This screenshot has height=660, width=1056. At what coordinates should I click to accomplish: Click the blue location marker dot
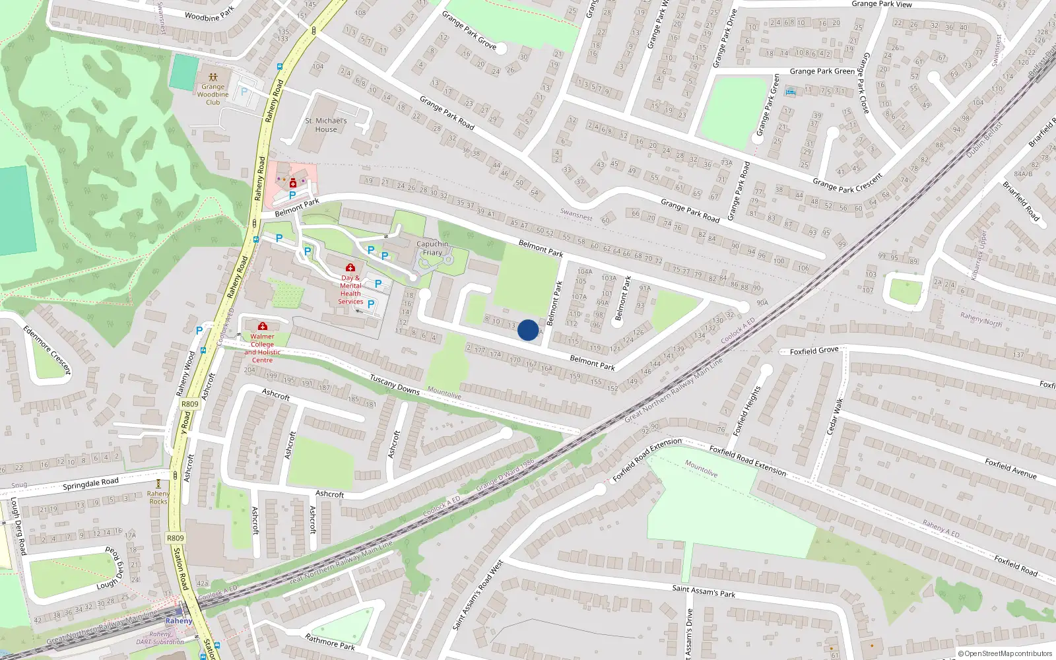click(x=527, y=330)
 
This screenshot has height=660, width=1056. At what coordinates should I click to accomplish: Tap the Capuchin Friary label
click(x=432, y=248)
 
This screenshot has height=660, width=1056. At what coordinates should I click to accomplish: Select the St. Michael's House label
click(x=325, y=125)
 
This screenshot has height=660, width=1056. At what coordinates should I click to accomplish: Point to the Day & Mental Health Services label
click(x=350, y=290)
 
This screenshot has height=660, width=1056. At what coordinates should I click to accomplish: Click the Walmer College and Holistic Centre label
click(x=262, y=348)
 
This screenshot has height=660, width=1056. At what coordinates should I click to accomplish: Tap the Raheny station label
click(x=179, y=620)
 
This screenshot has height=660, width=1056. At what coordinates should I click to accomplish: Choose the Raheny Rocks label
click(x=158, y=497)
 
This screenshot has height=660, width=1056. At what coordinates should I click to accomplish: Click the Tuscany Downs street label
click(x=395, y=385)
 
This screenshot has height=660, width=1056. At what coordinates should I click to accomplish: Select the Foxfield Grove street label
click(x=814, y=351)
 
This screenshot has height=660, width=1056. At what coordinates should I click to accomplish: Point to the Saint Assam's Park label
click(x=704, y=591)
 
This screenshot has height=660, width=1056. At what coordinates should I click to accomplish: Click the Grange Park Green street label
click(x=822, y=71)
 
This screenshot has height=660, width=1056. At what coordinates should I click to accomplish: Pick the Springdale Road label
click(x=90, y=484)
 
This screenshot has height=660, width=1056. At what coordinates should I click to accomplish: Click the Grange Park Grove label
click(x=469, y=30)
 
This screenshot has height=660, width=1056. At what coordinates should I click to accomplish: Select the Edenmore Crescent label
click(x=46, y=350)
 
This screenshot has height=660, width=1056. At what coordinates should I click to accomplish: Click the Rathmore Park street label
click(x=330, y=642)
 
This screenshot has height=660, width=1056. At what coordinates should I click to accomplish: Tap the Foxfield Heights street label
click(x=747, y=411)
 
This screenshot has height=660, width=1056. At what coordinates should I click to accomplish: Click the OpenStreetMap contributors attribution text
click(x=1005, y=653)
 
